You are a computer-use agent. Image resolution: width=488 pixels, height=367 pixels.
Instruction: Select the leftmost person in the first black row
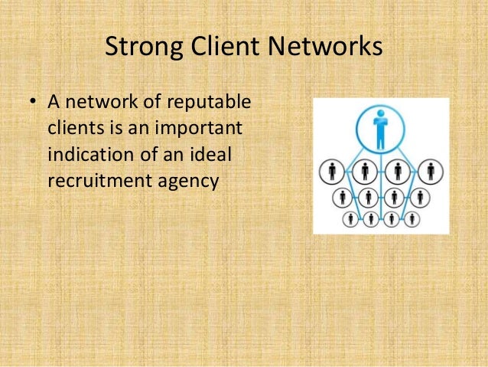(331, 170)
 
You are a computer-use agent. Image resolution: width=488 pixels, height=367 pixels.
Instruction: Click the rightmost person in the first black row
(431, 170)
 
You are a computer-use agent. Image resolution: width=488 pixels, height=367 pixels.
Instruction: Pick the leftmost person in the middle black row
(340, 197)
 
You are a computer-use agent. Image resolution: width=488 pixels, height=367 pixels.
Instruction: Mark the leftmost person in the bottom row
(351, 219)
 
